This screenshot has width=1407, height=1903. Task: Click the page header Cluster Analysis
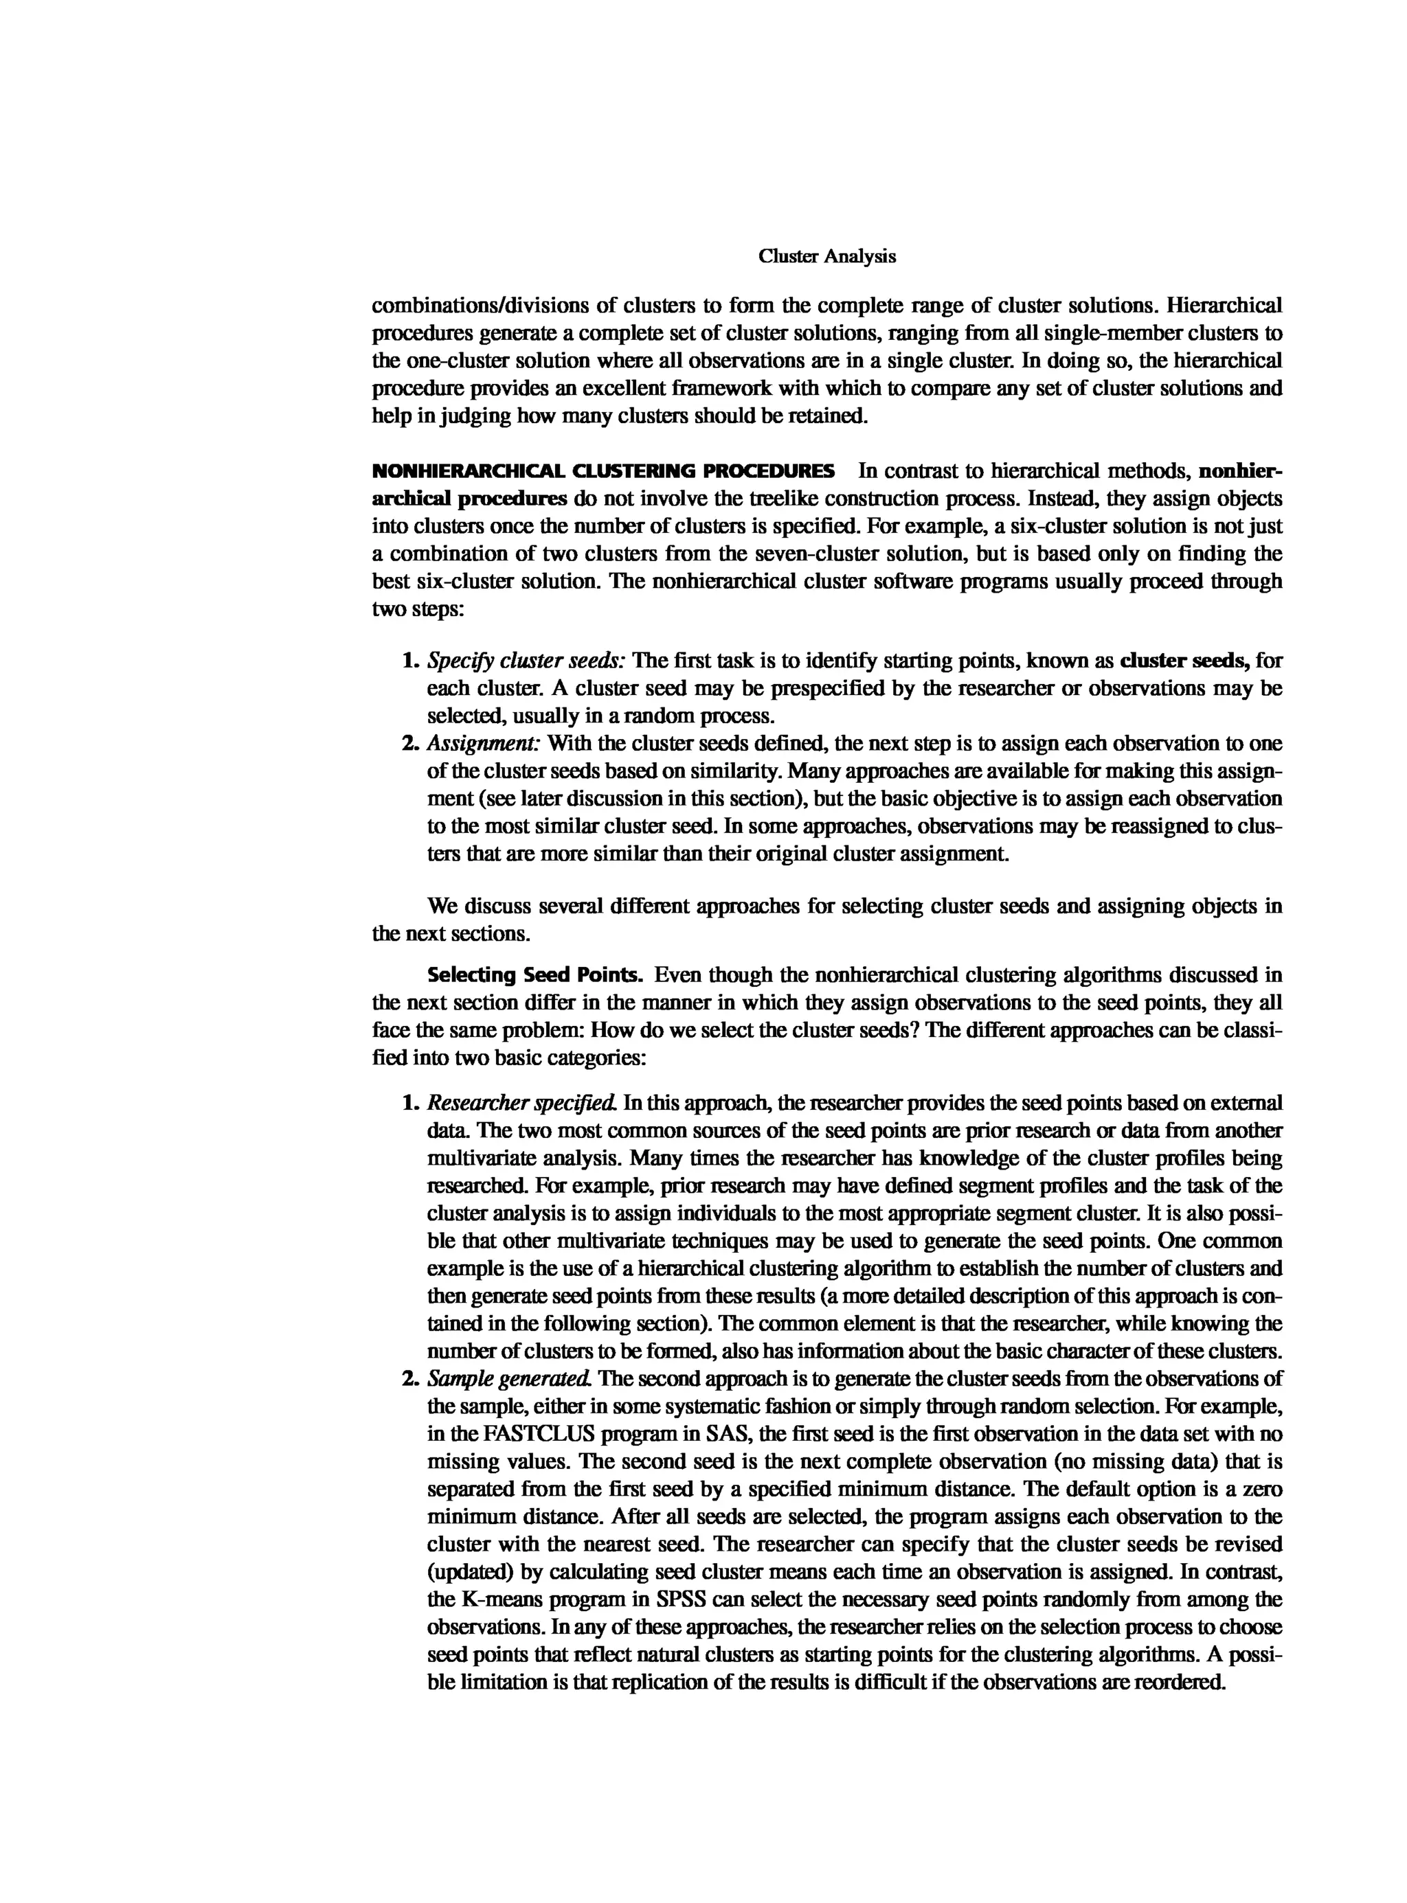click(x=826, y=256)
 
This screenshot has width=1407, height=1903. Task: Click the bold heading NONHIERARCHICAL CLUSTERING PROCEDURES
click(x=603, y=471)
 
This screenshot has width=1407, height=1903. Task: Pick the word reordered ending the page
click(x=1184, y=1683)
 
